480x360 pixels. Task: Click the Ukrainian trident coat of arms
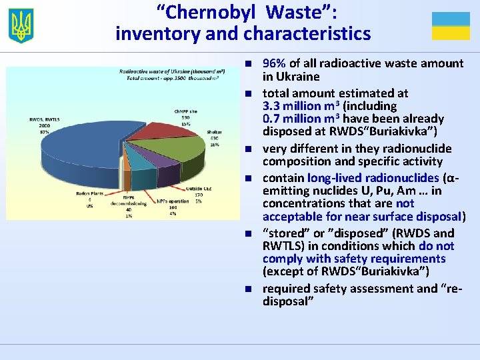21,25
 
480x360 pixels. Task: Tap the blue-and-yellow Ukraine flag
451,26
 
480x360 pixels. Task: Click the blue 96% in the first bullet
274,63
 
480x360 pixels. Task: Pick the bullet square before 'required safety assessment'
246,289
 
